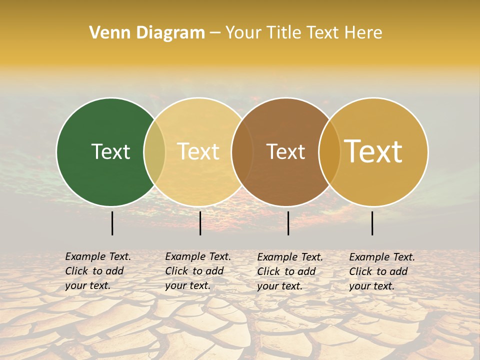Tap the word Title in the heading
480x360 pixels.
[x=284, y=32]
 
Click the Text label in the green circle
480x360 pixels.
[x=110, y=151]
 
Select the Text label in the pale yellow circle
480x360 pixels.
[x=198, y=151]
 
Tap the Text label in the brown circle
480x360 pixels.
[x=285, y=151]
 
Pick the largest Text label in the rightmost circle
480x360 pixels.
[x=373, y=151]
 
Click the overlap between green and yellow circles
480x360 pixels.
[x=154, y=152]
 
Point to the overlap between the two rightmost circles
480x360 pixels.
[x=329, y=152]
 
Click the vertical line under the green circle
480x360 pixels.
[x=112, y=223]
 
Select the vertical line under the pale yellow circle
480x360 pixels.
[x=200, y=223]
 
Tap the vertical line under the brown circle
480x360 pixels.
[x=288, y=223]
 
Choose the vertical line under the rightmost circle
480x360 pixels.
[x=372, y=223]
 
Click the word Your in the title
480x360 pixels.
[x=243, y=32]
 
